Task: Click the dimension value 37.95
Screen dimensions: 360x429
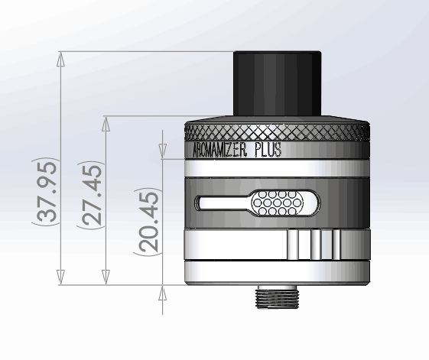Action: pyautogui.click(x=47, y=192)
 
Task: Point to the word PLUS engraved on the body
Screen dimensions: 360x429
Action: pyautogui.click(x=267, y=150)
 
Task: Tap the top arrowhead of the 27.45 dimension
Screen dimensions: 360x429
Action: pyautogui.click(x=104, y=122)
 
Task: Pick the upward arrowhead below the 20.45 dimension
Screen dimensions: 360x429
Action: pyautogui.click(x=161, y=290)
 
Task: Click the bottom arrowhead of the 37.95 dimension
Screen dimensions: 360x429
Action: pyautogui.click(x=60, y=280)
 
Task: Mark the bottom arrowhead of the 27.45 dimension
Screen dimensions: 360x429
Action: pyautogui.click(x=104, y=280)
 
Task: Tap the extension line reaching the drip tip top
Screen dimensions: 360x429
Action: pyautogui.click(x=145, y=51)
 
